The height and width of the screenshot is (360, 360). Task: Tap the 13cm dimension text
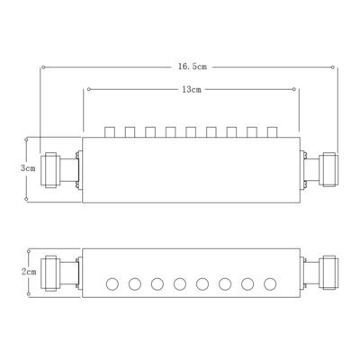click(190, 89)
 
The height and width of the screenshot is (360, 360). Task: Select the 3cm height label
click(29, 167)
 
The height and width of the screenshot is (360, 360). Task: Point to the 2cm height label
click(29, 271)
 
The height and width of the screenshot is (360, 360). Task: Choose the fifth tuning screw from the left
click(191, 132)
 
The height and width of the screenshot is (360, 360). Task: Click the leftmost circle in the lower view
click(112, 285)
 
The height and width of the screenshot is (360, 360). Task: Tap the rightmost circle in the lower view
click(269, 285)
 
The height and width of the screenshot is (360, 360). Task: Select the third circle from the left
click(157, 285)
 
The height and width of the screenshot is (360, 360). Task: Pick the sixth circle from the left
click(224, 285)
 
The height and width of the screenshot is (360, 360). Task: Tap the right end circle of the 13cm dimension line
click(298, 89)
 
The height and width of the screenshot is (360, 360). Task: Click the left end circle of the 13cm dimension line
click(86, 89)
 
